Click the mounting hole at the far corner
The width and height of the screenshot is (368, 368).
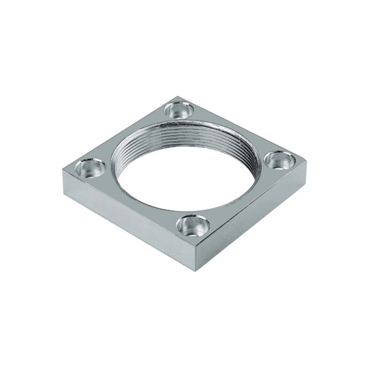pos(178,109)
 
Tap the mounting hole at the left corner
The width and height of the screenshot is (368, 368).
pos(90,168)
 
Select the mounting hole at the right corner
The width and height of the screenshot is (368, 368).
pos(279,159)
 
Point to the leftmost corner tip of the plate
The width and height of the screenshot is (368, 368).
pos(63,171)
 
